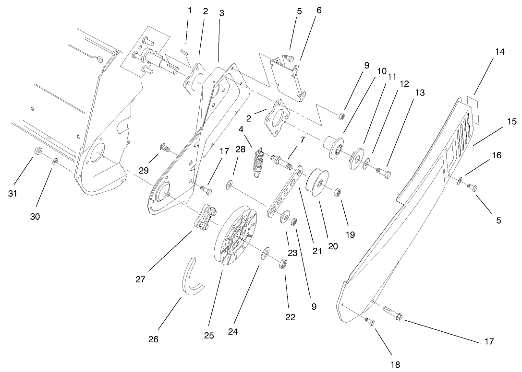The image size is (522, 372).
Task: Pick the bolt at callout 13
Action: pos(382,170)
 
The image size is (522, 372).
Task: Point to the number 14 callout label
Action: pos(500,52)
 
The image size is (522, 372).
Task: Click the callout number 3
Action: pos(221,13)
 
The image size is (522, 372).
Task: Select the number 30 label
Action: pos(35,216)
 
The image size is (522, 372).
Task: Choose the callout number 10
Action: pos(381,70)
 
